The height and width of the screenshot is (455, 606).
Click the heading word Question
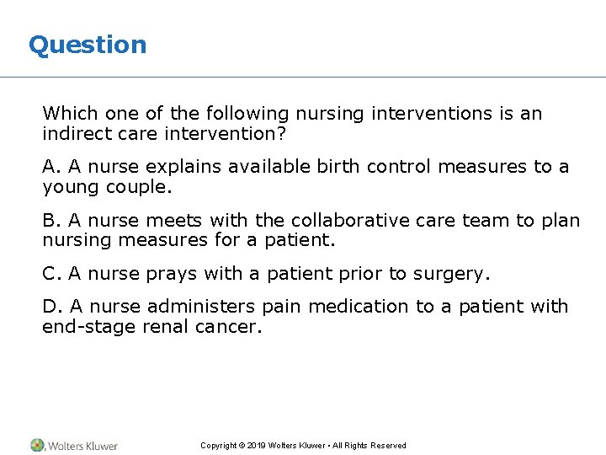[88, 45]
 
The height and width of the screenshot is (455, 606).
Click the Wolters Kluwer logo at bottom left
[74, 445]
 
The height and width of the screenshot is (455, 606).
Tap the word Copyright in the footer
[218, 446]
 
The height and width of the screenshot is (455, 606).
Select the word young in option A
[71, 188]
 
